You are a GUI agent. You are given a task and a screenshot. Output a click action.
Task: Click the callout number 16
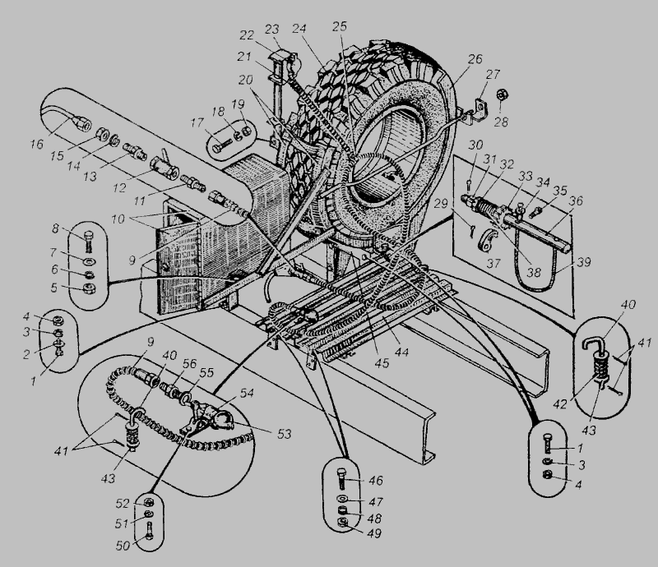36,145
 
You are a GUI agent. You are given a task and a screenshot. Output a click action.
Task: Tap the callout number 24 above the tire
311,29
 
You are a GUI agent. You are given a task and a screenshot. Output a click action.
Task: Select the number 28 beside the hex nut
501,122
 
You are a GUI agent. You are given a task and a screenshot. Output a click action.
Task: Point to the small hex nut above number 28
501,94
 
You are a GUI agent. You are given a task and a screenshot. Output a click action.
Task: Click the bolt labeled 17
221,147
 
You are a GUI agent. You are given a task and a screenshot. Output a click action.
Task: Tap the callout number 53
284,433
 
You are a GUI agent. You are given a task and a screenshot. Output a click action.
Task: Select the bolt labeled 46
341,478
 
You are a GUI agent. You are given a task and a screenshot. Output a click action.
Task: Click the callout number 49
374,533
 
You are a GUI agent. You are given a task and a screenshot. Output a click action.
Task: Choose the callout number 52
123,503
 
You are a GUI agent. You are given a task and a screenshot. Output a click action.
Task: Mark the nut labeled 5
89,288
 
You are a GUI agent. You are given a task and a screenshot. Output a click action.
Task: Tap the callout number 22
247,35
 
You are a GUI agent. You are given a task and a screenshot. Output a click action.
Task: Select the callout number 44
401,352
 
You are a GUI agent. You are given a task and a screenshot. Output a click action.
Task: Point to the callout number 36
576,201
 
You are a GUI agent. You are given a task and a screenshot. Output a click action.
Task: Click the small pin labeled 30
469,183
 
